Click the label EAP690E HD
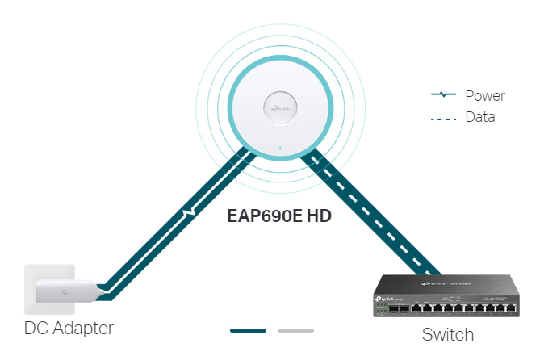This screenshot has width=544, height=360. pos(279,216)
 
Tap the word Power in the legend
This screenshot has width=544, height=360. pos(485,96)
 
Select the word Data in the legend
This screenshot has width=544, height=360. pos(480,117)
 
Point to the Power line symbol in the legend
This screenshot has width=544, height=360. pos(444,95)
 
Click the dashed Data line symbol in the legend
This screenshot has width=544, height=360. pos(444,118)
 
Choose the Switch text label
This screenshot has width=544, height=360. pos(448,333)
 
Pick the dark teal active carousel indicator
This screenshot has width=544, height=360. pos(248,330)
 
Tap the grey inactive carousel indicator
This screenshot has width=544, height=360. pos(295,330)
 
